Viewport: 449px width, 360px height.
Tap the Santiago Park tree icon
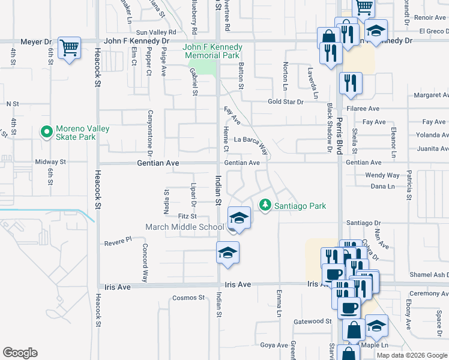coord(265,206)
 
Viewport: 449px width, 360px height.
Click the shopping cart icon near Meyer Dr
coord(70,47)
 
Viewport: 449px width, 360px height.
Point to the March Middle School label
coord(184,227)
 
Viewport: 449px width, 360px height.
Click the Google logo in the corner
coord(20,353)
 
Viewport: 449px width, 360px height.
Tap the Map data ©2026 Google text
coord(411,355)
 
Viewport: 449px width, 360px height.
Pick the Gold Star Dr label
coord(286,102)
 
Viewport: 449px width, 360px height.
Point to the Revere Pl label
coord(118,239)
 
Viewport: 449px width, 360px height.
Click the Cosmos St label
coord(188,298)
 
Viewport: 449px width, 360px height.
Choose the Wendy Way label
coord(382,175)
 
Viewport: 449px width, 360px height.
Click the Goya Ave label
coord(274,345)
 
